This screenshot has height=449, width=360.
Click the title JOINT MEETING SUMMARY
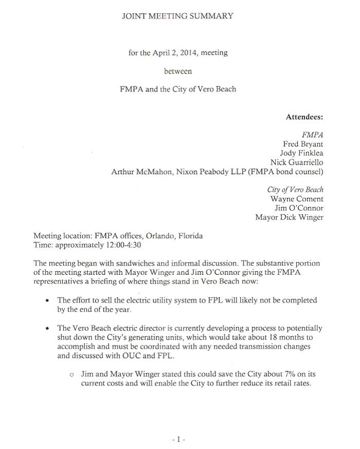[177, 16]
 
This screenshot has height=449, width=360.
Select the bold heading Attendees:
[304, 117]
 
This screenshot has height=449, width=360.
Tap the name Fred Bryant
[303, 144]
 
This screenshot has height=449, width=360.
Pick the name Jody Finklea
[301, 153]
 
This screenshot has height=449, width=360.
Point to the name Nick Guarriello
[297, 162]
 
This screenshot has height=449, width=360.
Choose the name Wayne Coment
[297, 199]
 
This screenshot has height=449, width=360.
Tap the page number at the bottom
[178, 440]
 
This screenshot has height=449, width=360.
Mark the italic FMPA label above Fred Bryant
[312, 135]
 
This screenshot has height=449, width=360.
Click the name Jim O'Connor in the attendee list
[299, 208]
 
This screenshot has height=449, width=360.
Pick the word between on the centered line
[177, 71]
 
